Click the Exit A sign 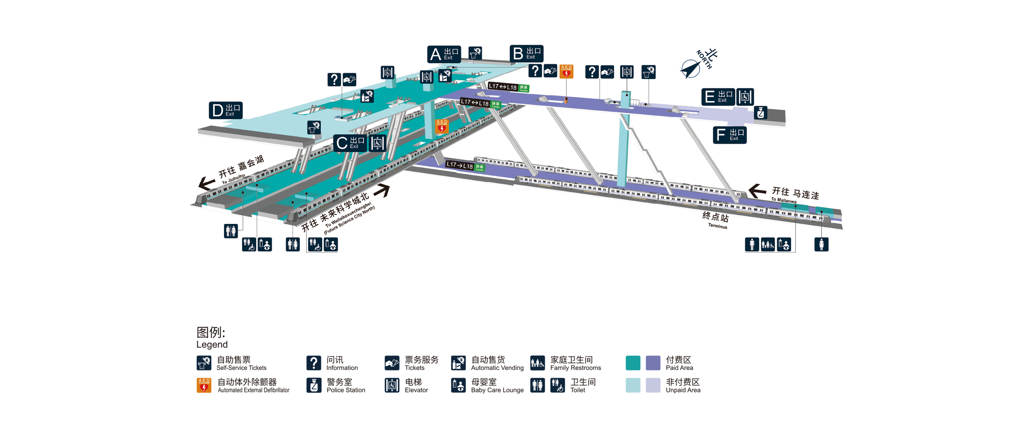[444, 54]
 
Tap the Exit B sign [526, 54]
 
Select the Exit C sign [350, 143]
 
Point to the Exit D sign [226, 110]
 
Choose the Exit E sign [718, 97]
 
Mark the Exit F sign [729, 135]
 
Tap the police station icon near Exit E [760, 113]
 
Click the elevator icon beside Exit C [377, 143]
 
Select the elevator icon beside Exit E [745, 97]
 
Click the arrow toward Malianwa [757, 191]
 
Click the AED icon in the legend [204, 385]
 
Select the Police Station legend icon [314, 385]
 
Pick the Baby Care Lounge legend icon [458, 385]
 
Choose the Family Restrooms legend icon [537, 363]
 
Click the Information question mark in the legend [314, 363]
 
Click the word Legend [212, 344]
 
